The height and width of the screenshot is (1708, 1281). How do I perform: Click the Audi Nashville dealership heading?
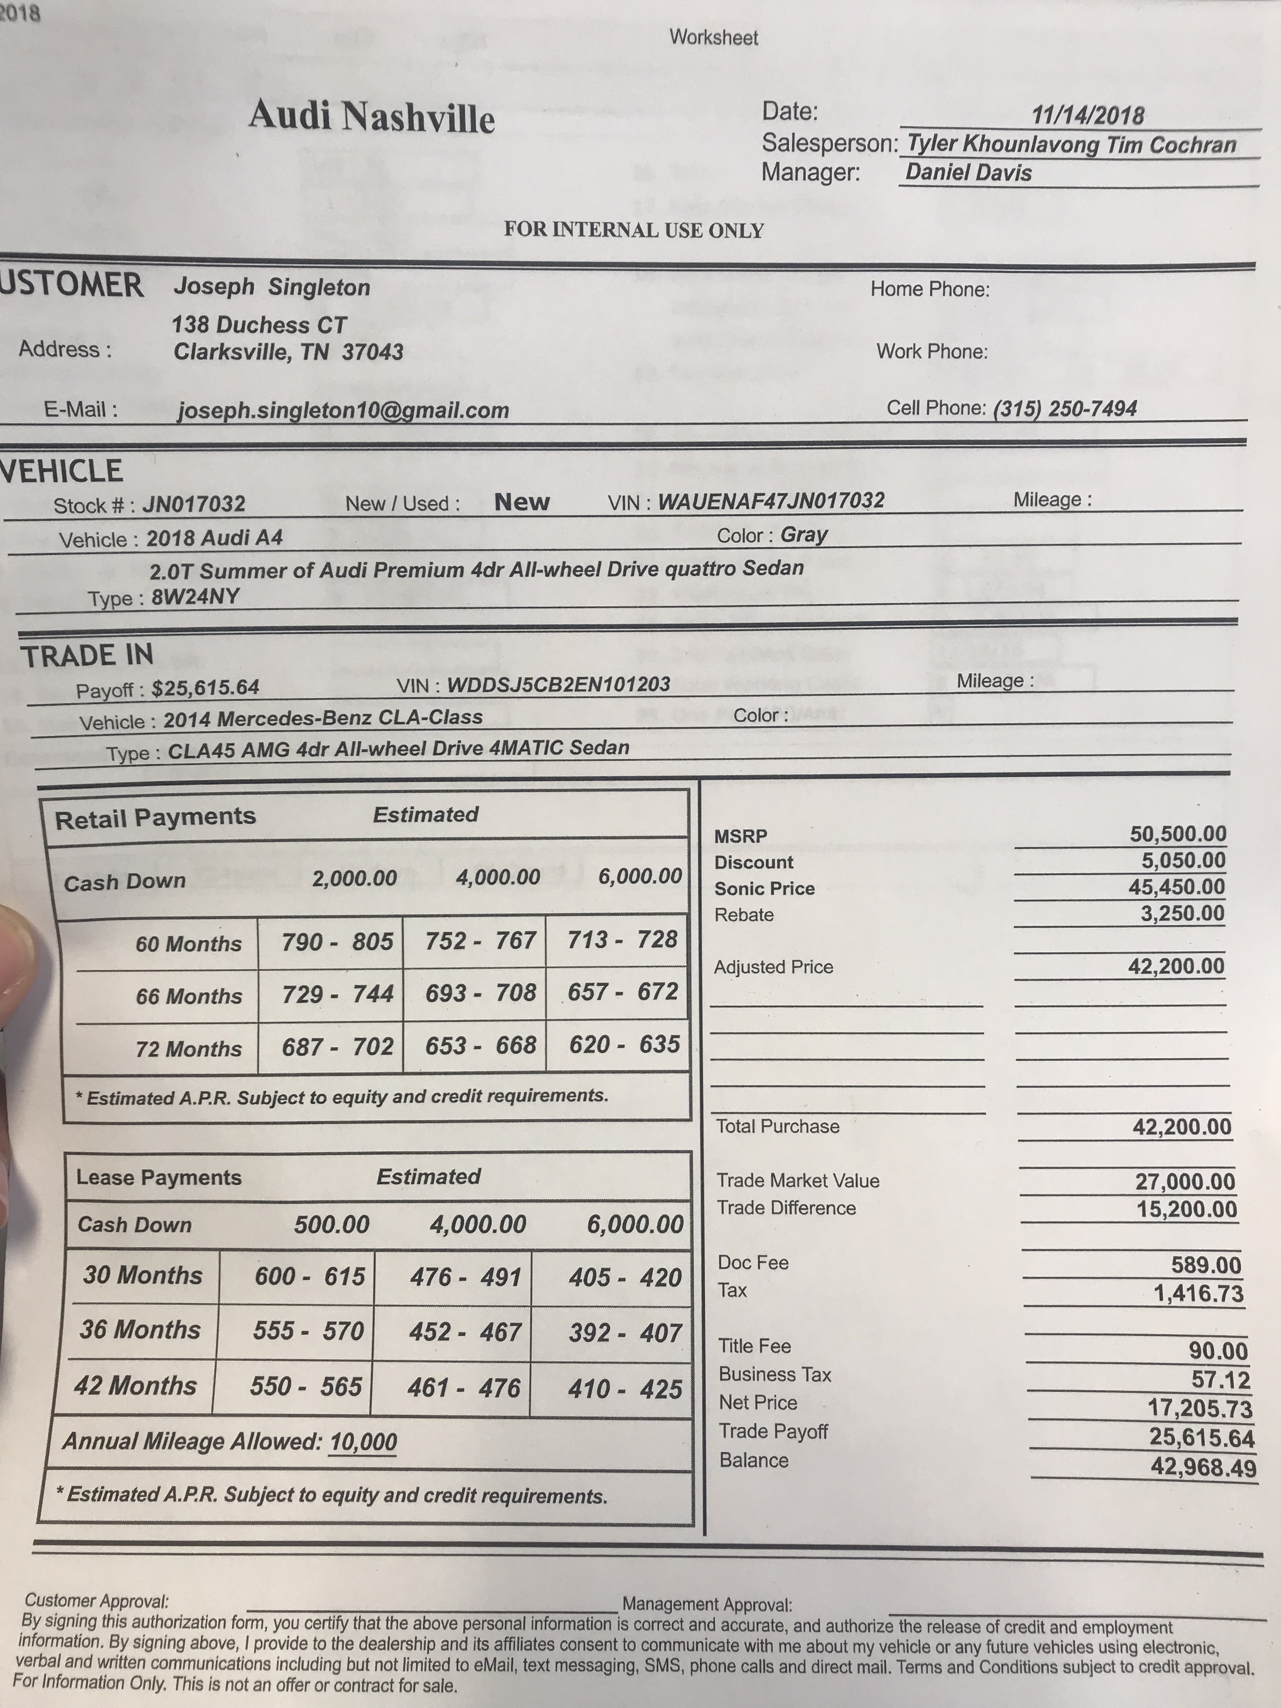point(372,117)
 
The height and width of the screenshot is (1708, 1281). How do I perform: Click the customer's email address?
point(343,410)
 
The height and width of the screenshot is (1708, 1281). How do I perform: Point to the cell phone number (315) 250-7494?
point(1065,408)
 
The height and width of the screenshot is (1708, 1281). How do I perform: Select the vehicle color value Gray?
point(804,534)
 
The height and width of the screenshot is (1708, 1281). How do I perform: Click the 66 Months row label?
point(189,996)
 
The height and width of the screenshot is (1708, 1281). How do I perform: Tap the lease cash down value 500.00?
point(331,1225)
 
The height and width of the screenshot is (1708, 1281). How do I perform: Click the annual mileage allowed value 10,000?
point(363,1441)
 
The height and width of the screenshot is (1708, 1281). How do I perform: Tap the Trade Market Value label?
point(798,1181)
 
